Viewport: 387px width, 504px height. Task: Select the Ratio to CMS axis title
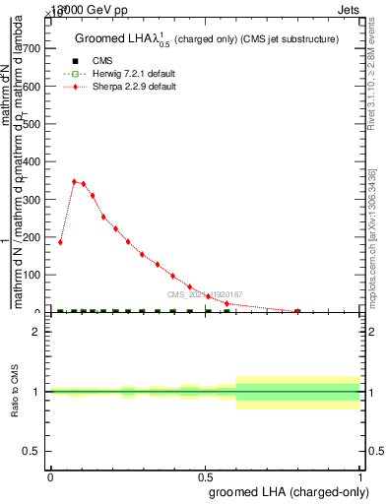16,392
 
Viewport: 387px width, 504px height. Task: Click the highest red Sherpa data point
74,181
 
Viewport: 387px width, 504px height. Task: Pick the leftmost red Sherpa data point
60,242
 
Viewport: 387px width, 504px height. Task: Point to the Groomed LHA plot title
207,39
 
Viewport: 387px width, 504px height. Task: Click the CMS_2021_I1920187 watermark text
204,294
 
